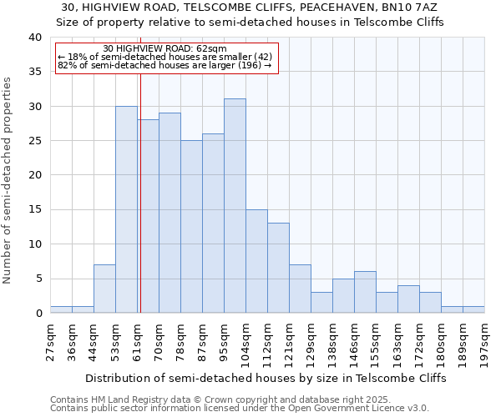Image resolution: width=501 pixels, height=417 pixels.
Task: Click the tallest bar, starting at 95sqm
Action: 235,206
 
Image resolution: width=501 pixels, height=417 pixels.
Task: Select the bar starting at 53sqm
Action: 126,209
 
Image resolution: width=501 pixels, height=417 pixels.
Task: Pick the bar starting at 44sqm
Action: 104,289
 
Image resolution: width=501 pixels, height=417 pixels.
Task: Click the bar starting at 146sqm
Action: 365,292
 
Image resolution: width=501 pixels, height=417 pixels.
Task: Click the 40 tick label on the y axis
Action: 34,38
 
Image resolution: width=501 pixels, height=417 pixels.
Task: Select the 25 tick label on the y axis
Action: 34,141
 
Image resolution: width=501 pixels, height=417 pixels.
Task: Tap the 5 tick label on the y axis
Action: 38,279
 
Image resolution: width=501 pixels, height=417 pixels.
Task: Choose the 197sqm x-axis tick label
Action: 485,343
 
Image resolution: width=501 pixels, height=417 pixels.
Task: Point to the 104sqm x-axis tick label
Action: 246,343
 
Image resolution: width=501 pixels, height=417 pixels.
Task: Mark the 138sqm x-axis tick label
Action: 333,343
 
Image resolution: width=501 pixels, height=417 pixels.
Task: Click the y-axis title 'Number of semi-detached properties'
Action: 8,180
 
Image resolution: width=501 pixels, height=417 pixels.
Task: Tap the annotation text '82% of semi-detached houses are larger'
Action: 164,65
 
